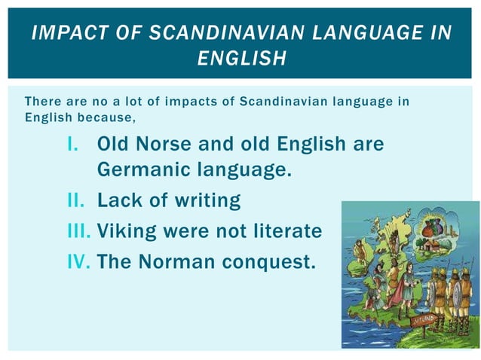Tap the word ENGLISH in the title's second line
coord(241,58)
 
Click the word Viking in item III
coord(123,231)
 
